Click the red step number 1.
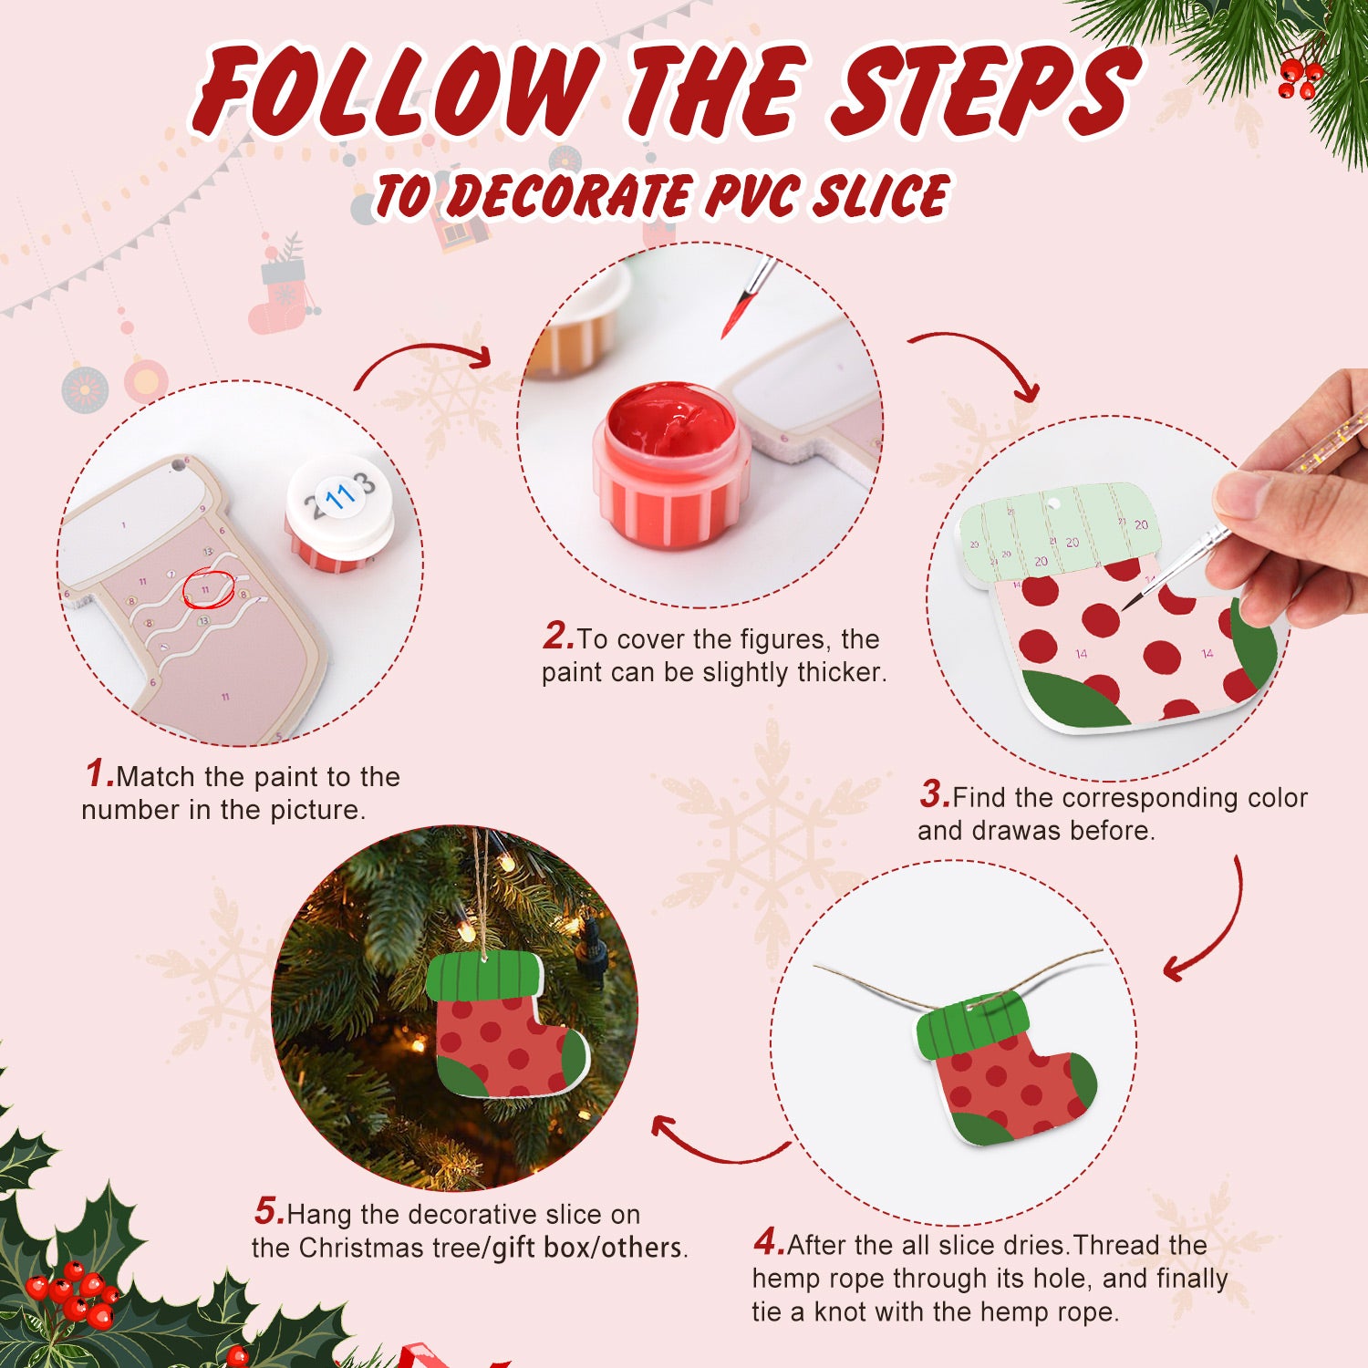[x=98, y=773]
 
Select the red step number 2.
[x=556, y=636]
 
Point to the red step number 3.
[x=933, y=794]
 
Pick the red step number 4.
[x=767, y=1242]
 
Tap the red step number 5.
[x=268, y=1211]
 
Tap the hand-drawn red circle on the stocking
[x=208, y=589]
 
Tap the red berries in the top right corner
[x=1299, y=78]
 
